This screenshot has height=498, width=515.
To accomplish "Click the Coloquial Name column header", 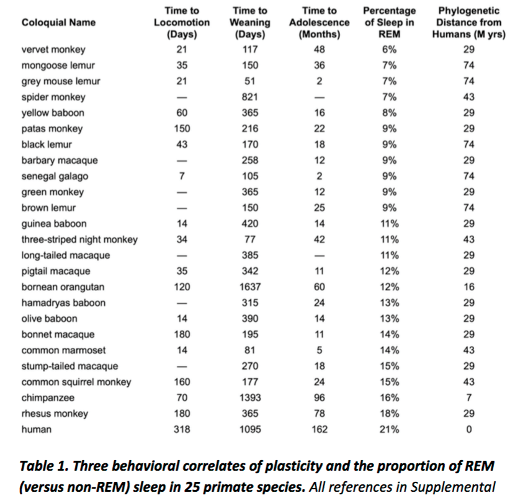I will point(58,23).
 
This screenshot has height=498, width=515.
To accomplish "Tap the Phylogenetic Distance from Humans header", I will point(469,23).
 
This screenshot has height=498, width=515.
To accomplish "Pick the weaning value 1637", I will point(250,287).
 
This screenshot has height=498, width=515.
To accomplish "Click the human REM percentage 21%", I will point(388,429).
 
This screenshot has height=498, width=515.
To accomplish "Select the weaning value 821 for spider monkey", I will point(250,97).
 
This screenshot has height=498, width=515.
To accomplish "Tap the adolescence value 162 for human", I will point(319,429).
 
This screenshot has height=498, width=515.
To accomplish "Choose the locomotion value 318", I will point(182,429).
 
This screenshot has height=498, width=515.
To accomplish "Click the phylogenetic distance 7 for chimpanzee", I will point(469,398).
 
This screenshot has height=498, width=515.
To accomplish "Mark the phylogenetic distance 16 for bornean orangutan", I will point(469,287).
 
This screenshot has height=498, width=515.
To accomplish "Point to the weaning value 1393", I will point(250,398).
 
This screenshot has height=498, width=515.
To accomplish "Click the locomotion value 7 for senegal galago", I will point(182,176).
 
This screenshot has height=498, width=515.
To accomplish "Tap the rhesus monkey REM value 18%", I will point(388,414).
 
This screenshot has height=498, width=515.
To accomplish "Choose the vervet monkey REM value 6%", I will point(388,50).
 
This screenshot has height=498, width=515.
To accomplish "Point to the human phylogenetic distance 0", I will point(469,429).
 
